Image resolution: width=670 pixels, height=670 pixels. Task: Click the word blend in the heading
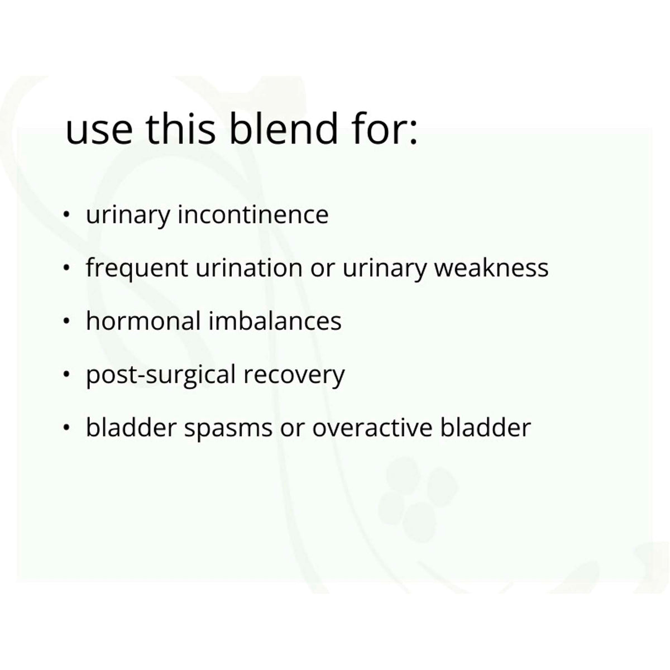coord(284,128)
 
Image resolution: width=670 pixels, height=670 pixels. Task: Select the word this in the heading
coord(180,128)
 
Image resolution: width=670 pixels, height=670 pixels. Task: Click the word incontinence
coord(253,214)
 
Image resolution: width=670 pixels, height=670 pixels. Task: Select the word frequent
coord(137,268)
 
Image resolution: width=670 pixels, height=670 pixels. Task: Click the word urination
coord(249,268)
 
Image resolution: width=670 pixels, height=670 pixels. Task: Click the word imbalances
coord(275,320)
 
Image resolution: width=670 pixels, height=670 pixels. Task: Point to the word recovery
coord(294,376)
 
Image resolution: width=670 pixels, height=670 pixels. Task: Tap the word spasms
coord(228,429)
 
